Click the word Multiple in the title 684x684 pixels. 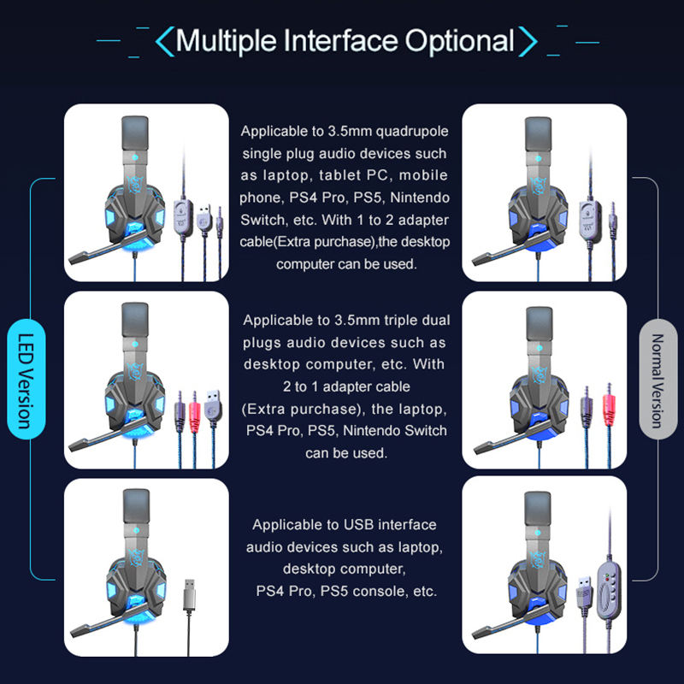click(226, 41)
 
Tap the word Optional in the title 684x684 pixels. click(459, 41)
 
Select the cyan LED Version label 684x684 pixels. click(27, 379)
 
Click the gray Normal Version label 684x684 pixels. click(657, 379)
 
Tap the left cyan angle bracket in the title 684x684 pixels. click(165, 41)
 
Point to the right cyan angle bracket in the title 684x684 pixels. click(528, 41)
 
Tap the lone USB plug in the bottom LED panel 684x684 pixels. click(189, 594)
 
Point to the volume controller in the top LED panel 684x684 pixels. click(183, 217)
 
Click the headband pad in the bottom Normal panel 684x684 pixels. click(538, 508)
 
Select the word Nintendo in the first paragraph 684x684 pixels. click(420, 198)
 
